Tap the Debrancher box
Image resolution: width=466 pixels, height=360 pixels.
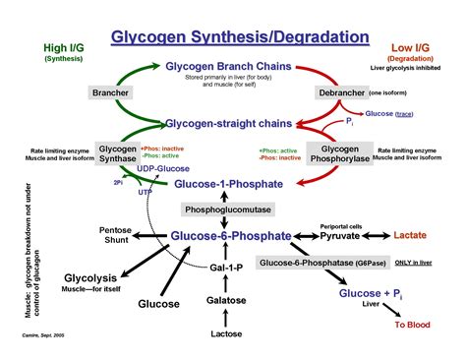tap(341, 92)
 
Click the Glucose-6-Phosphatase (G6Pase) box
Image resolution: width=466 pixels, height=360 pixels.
tap(320, 263)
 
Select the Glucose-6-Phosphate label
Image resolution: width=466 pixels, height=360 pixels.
tap(230, 236)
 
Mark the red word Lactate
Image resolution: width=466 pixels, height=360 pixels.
tap(410, 236)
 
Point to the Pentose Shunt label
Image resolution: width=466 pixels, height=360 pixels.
tap(115, 237)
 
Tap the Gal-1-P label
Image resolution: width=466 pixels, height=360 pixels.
tap(227, 268)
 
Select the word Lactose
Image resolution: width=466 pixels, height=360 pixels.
tap(227, 334)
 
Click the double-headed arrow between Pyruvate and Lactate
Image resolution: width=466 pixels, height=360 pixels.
tap(379, 236)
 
